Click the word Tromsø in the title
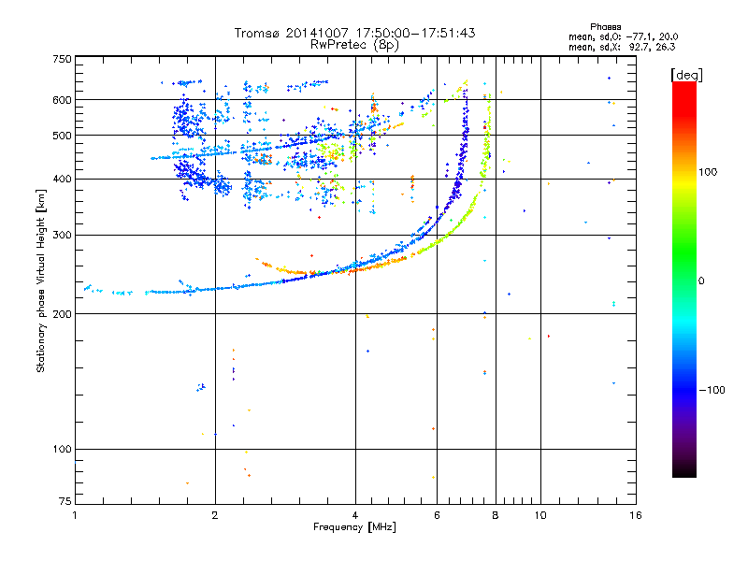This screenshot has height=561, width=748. pos(259,33)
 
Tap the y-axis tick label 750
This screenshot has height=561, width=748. pos(62,59)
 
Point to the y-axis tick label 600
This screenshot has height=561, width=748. pos(62,100)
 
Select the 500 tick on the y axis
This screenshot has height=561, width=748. pos(62,136)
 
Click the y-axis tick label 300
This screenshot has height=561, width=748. pos(62,236)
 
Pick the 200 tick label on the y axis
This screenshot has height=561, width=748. pos(62,314)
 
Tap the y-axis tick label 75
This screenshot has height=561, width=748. pos(65,504)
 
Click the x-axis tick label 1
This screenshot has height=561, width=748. pos(75,515)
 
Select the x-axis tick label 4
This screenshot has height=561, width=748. pos(355,515)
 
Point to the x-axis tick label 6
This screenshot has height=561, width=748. pos(437,515)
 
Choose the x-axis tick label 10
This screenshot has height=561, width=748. pos(539,515)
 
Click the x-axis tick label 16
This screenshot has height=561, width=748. pos(635,515)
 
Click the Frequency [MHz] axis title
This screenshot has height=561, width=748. pos(354,527)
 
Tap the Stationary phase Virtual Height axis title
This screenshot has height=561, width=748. pos(41,280)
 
